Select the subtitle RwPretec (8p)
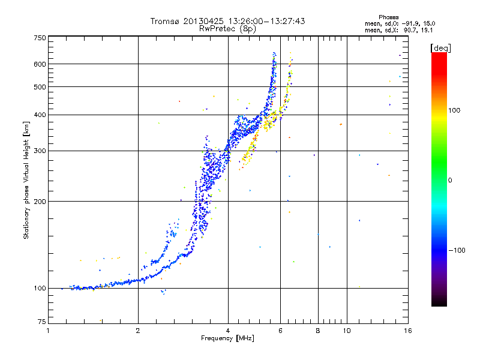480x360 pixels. (228, 28)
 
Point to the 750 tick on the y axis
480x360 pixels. (40, 37)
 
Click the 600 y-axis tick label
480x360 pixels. (40, 64)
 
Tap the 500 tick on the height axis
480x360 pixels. (40, 86)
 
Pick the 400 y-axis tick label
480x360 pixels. (40, 115)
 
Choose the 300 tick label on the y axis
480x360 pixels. (40, 151)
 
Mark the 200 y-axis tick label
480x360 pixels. (40, 201)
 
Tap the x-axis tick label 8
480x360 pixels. (318, 331)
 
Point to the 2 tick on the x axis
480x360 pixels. (138, 331)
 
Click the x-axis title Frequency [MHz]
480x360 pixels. (228, 339)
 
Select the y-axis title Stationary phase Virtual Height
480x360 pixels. (26, 180)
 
